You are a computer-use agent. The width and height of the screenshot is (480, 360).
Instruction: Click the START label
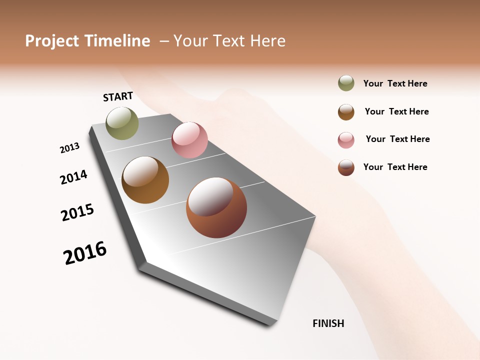tap(118, 96)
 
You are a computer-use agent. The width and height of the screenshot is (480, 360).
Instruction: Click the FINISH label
tap(328, 323)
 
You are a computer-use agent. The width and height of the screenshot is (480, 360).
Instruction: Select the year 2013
tap(69, 148)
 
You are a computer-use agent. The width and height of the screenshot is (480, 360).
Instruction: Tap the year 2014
tap(73, 177)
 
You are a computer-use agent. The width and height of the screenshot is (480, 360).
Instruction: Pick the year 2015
tap(77, 212)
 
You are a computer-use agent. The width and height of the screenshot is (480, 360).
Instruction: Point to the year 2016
tap(85, 253)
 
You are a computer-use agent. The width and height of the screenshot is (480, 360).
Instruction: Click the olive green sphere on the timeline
tap(122, 123)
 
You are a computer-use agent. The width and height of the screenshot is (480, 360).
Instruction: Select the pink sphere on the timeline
tap(189, 140)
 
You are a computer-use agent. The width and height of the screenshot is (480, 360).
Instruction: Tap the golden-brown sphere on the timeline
tap(145, 180)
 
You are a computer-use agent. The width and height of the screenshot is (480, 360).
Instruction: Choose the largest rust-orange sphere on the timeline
tap(216, 207)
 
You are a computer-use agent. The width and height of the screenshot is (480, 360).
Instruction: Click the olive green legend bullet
tap(346, 83)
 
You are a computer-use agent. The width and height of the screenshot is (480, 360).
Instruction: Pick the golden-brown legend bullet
tap(346, 112)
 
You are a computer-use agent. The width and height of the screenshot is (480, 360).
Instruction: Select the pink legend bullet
tap(346, 140)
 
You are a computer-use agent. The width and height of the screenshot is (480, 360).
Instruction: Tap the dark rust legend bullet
tap(346, 167)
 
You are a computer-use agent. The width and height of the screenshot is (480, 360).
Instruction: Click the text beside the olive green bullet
tap(395, 83)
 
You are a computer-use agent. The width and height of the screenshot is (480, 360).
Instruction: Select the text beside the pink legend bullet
tap(397, 139)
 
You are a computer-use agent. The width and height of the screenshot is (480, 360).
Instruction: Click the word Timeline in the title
tap(116, 41)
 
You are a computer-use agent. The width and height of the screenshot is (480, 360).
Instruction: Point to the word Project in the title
tap(52, 41)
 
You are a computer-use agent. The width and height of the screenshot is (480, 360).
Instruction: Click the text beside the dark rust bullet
tap(395, 167)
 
